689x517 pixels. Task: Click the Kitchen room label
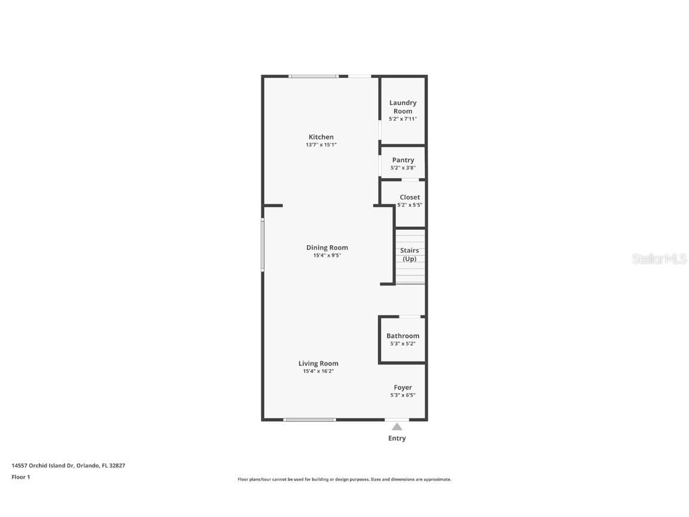coord(321,137)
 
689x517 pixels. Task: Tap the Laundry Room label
coord(403,107)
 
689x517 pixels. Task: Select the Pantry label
coord(403,160)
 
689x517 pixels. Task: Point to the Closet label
coord(410,197)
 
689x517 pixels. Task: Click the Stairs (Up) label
coord(410,254)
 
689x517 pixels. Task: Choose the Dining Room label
coord(327,248)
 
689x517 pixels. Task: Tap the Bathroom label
coord(403,336)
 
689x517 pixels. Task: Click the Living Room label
coord(318,363)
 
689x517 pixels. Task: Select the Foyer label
coord(403,387)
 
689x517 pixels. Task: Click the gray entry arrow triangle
coord(397,427)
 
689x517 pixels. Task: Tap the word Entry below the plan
coord(397,438)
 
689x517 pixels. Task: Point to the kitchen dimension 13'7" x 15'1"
coord(321,145)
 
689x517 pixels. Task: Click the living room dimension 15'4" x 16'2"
coord(318,371)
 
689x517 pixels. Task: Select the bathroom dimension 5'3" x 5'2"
coord(403,343)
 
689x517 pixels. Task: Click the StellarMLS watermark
coord(660,258)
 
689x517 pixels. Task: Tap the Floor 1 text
coord(20,477)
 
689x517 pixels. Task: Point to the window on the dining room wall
coord(263,245)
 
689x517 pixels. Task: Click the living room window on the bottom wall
coord(309,419)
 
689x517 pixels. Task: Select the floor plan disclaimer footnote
coord(344,479)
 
